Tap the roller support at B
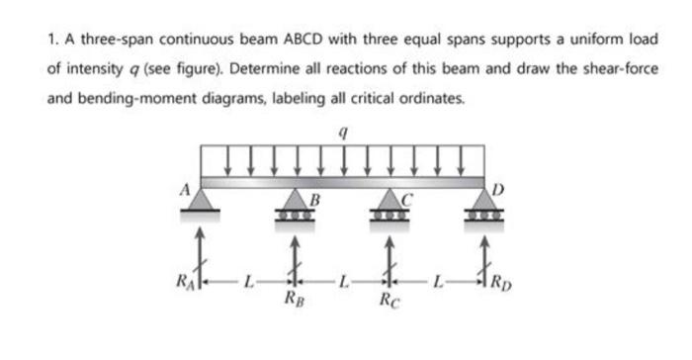coord(296,205)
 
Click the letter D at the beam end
coord(497,188)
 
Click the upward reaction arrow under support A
coord(201,255)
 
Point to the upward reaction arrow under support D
coord(484,255)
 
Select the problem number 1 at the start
coord(49,42)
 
